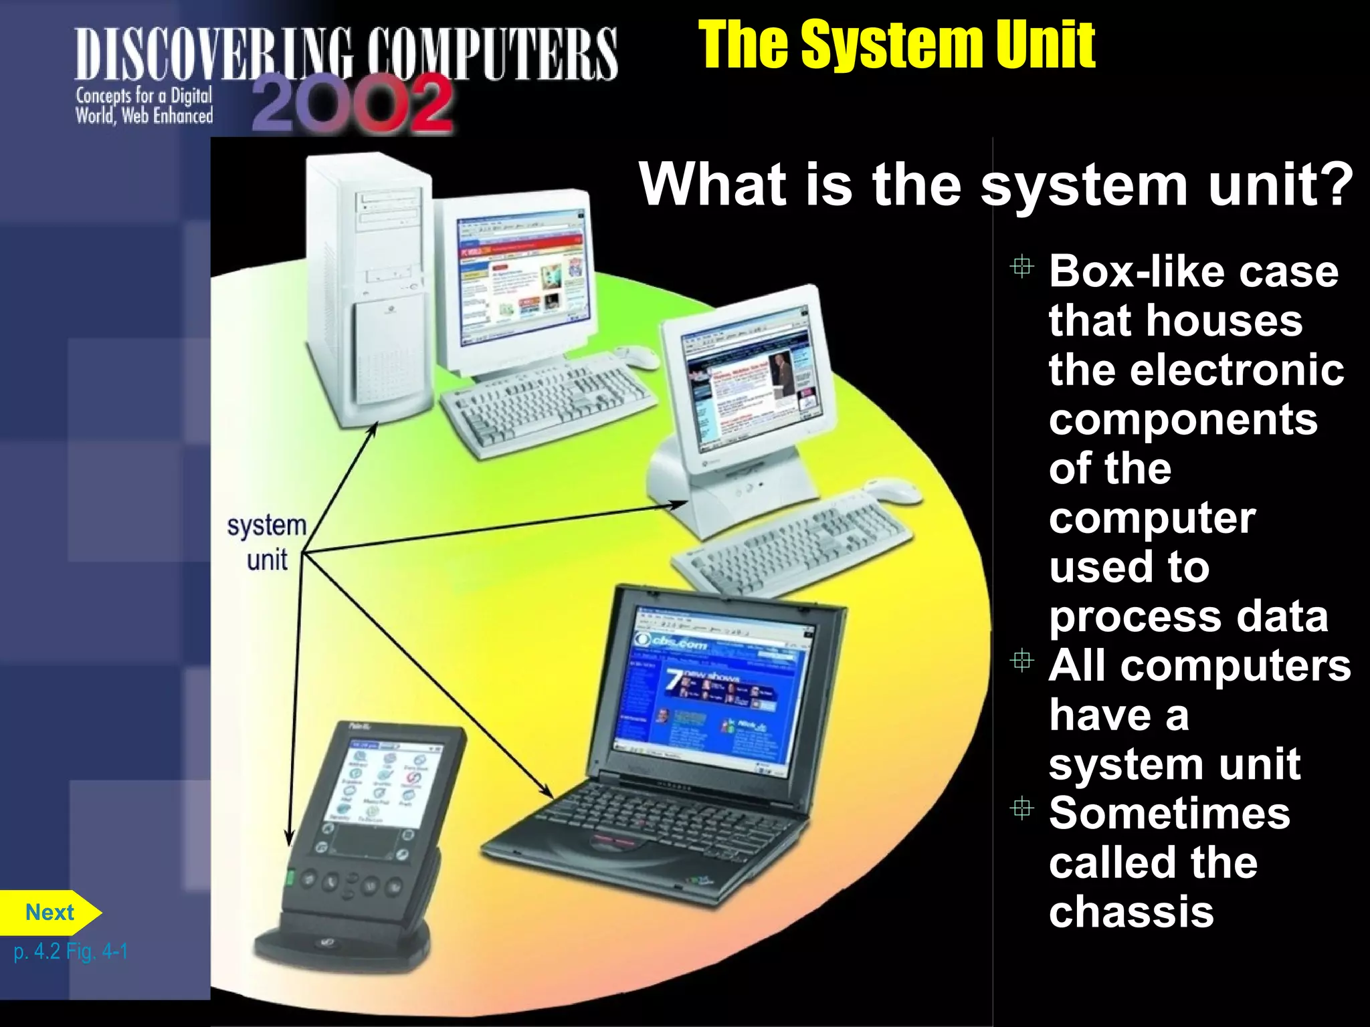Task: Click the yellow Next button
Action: pos(50,913)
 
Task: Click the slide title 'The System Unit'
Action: pos(896,45)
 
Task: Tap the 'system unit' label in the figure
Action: pos(267,542)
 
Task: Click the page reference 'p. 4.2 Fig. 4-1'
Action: pos(70,951)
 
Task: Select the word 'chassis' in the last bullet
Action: pos(1131,912)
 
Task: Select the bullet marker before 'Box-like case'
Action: pos(1021,267)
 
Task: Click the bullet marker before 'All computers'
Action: pos(1021,661)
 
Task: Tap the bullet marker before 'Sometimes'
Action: pos(1021,809)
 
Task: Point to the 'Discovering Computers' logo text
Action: pos(345,53)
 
